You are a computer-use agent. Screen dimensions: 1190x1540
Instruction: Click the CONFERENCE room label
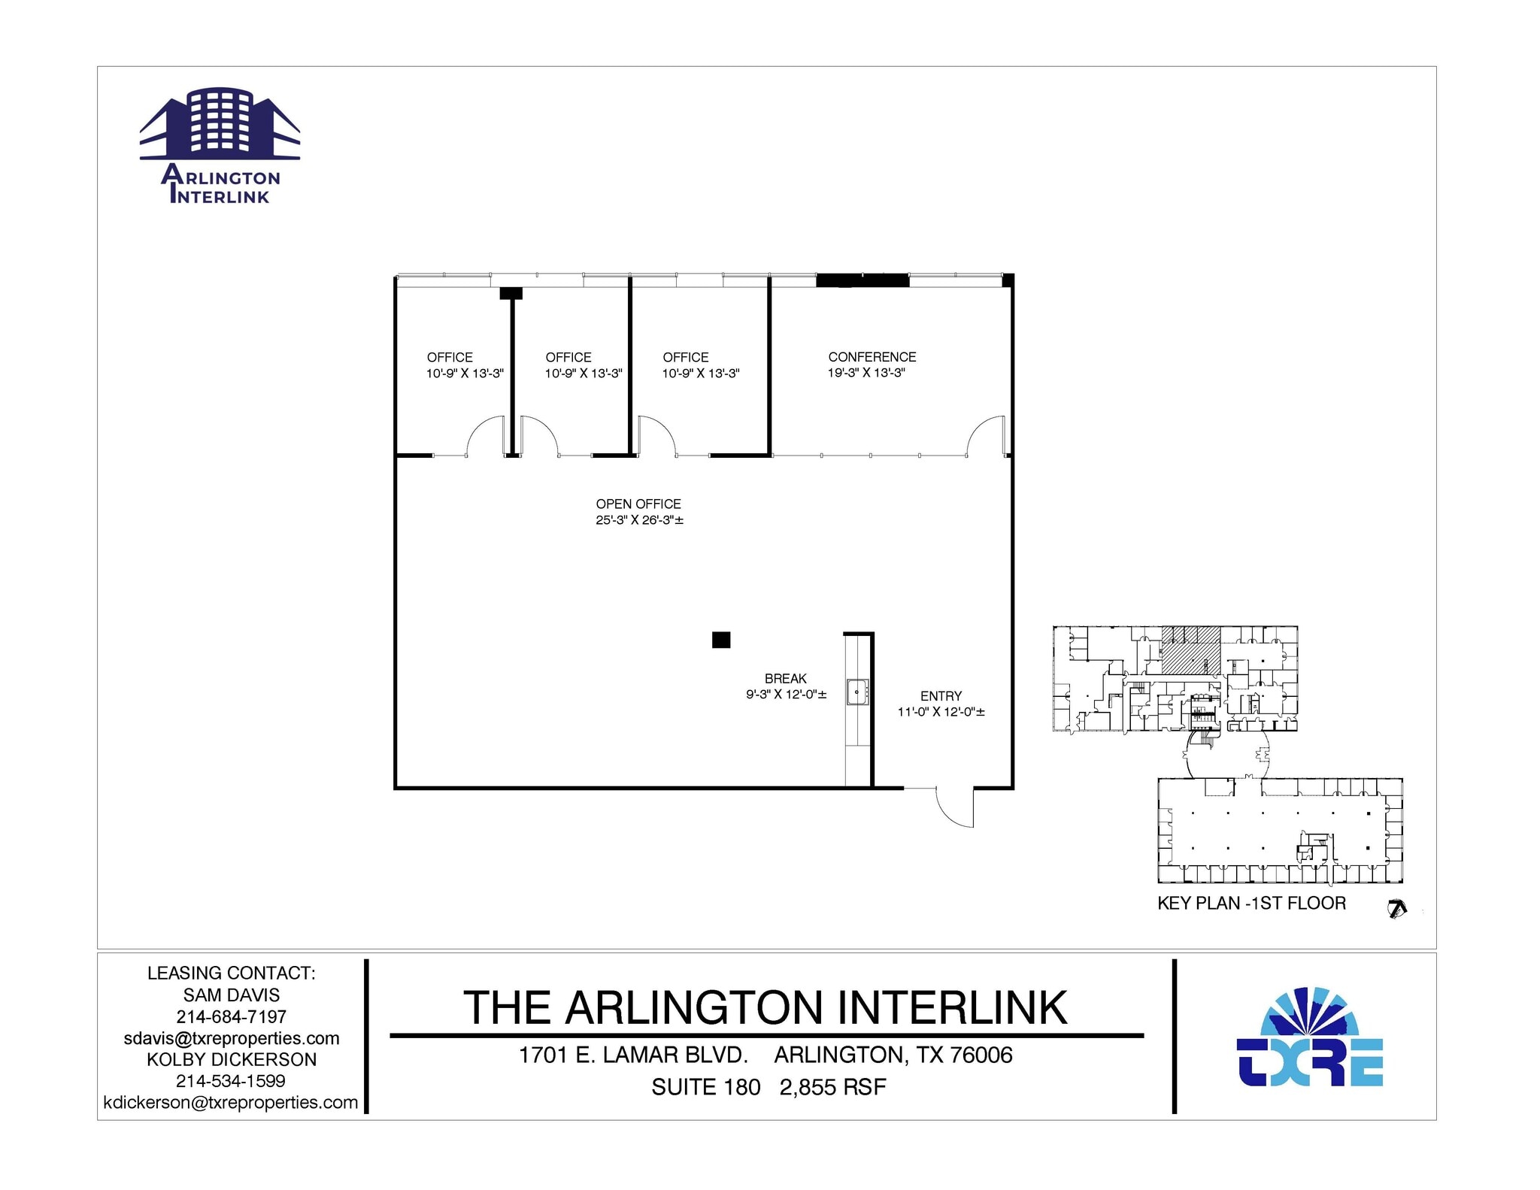click(872, 357)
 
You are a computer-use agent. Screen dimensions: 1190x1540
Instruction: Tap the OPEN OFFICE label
click(638, 504)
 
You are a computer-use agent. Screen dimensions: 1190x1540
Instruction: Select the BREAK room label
click(785, 679)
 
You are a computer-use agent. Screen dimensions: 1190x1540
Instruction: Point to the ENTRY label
click(941, 696)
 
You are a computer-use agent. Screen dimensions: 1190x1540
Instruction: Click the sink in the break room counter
click(857, 692)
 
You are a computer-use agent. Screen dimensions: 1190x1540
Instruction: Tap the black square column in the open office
click(721, 640)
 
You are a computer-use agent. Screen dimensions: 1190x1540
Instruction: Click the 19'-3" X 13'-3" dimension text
click(866, 373)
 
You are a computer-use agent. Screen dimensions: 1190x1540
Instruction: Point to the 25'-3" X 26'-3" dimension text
click(639, 520)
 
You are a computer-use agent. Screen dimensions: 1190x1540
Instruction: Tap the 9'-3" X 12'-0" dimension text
click(786, 695)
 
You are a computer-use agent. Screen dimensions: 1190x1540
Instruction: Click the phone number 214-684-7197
click(232, 1016)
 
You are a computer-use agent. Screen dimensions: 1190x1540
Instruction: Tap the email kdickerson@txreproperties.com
click(231, 1102)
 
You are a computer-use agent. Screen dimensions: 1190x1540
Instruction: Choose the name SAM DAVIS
click(232, 995)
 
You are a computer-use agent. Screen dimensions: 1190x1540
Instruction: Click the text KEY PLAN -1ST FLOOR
click(1251, 903)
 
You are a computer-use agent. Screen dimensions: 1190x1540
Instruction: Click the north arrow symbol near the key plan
click(1396, 910)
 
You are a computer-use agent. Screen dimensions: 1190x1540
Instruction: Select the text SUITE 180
click(705, 1087)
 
